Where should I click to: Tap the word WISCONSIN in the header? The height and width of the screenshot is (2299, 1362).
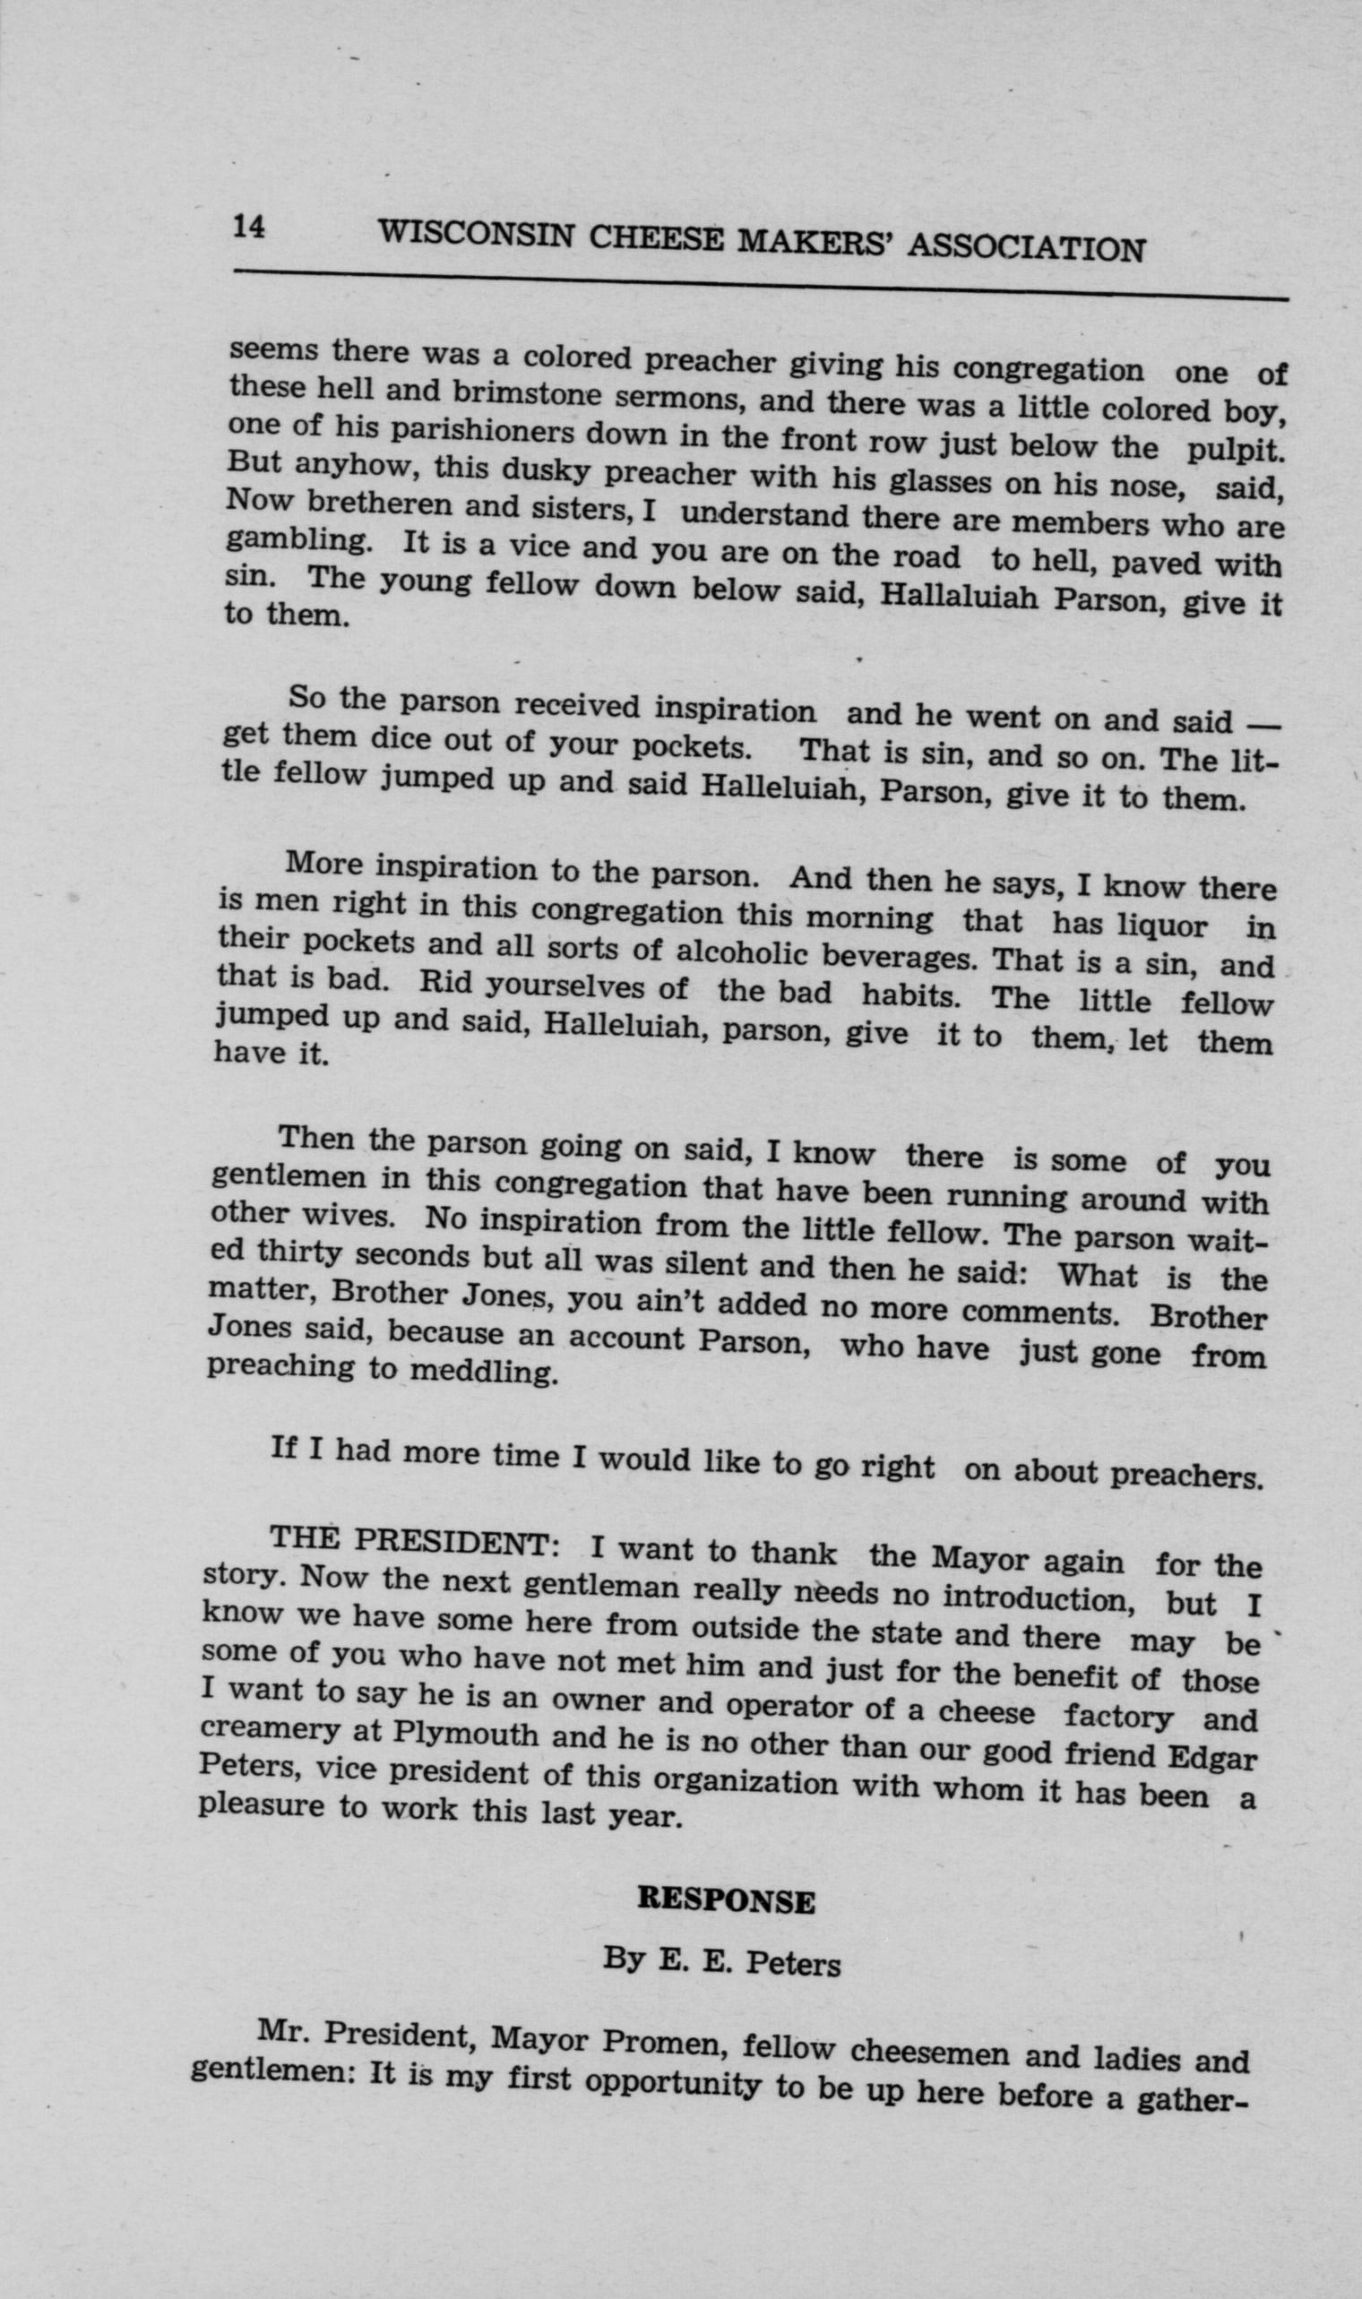(476, 234)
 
